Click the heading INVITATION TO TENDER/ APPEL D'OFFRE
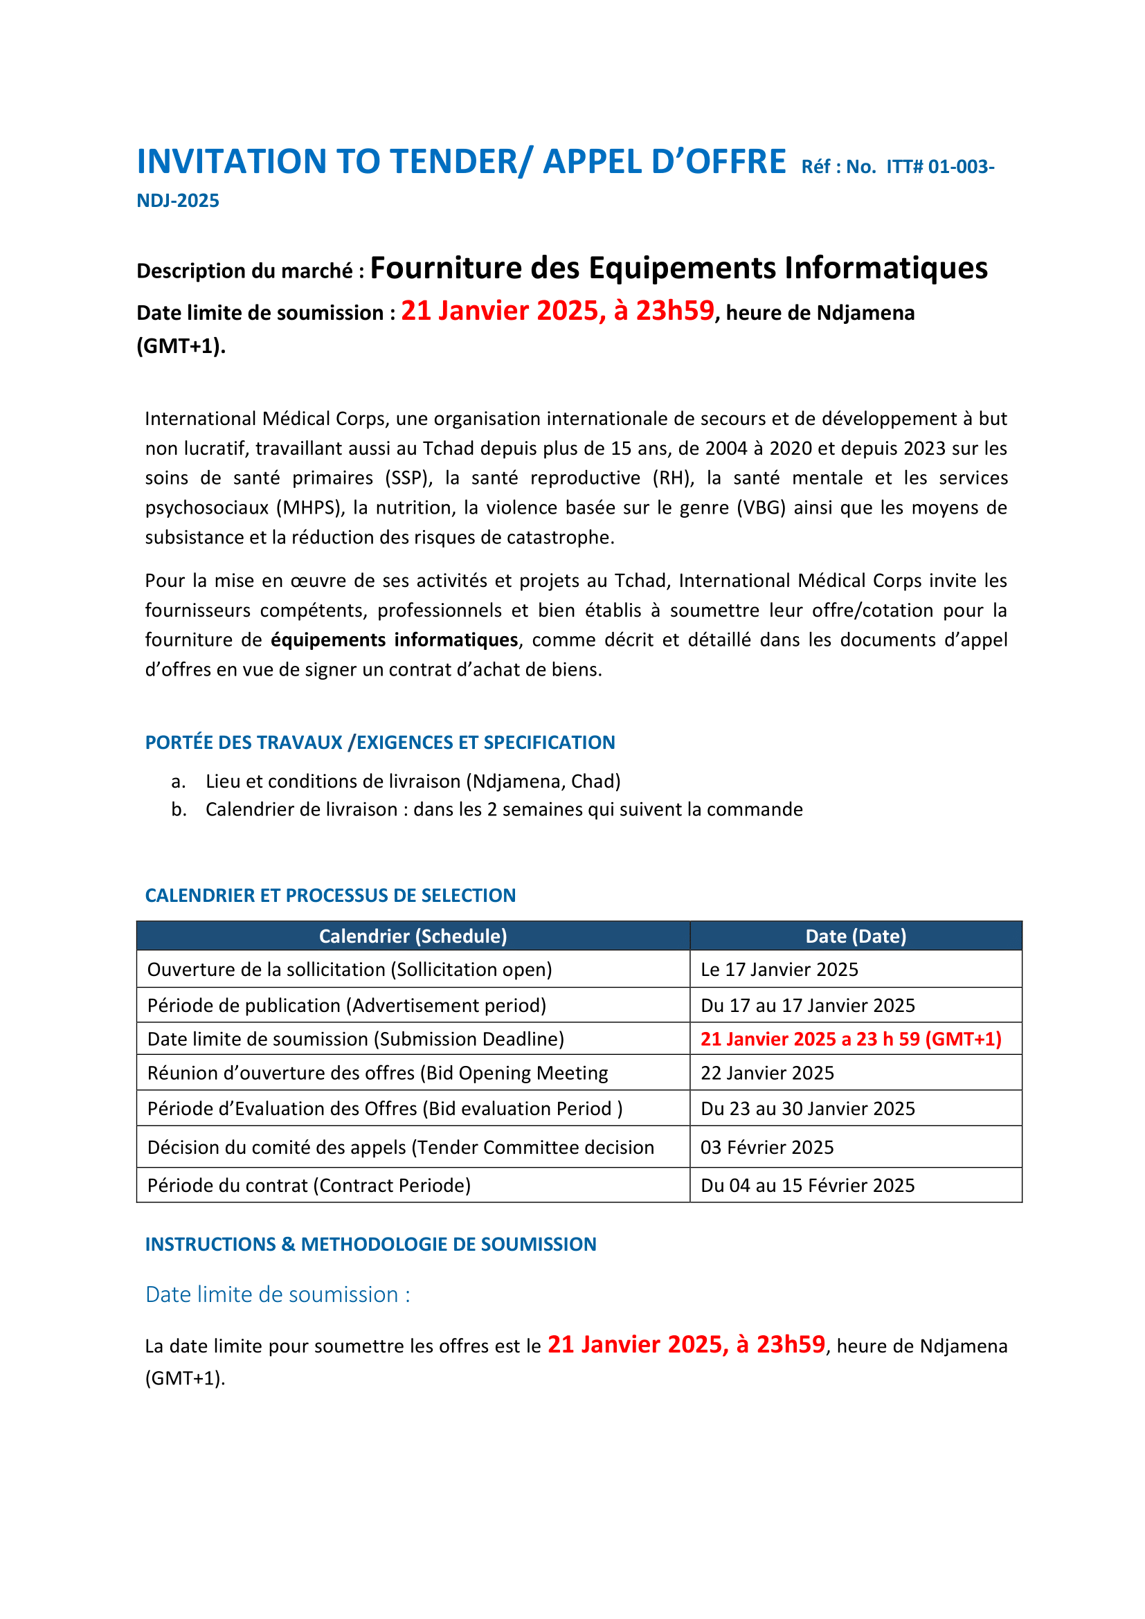[x=461, y=161]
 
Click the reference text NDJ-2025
[x=178, y=201]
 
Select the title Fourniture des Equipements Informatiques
[x=678, y=268]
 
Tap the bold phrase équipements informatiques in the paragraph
[x=394, y=640]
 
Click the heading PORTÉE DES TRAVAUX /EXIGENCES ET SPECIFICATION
[x=380, y=743]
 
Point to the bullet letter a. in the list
[x=179, y=781]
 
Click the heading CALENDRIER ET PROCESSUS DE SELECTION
[x=330, y=896]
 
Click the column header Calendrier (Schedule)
[x=413, y=937]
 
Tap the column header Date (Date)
[x=855, y=937]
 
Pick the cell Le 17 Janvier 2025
[x=779, y=970]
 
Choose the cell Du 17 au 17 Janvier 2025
[x=807, y=1006]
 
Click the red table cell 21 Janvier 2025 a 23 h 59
[x=850, y=1040]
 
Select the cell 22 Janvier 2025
[x=767, y=1074]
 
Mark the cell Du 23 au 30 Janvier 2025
[x=807, y=1108]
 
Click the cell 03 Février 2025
[x=767, y=1147]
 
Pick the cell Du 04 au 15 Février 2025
[x=807, y=1185]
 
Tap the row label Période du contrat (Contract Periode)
[x=309, y=1185]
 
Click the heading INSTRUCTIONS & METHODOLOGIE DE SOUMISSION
[x=371, y=1245]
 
